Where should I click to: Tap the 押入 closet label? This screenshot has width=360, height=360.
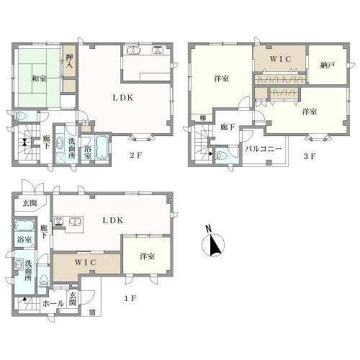69,61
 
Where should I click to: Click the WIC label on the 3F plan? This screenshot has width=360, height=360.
279,57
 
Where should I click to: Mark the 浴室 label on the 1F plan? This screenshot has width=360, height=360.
24,239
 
